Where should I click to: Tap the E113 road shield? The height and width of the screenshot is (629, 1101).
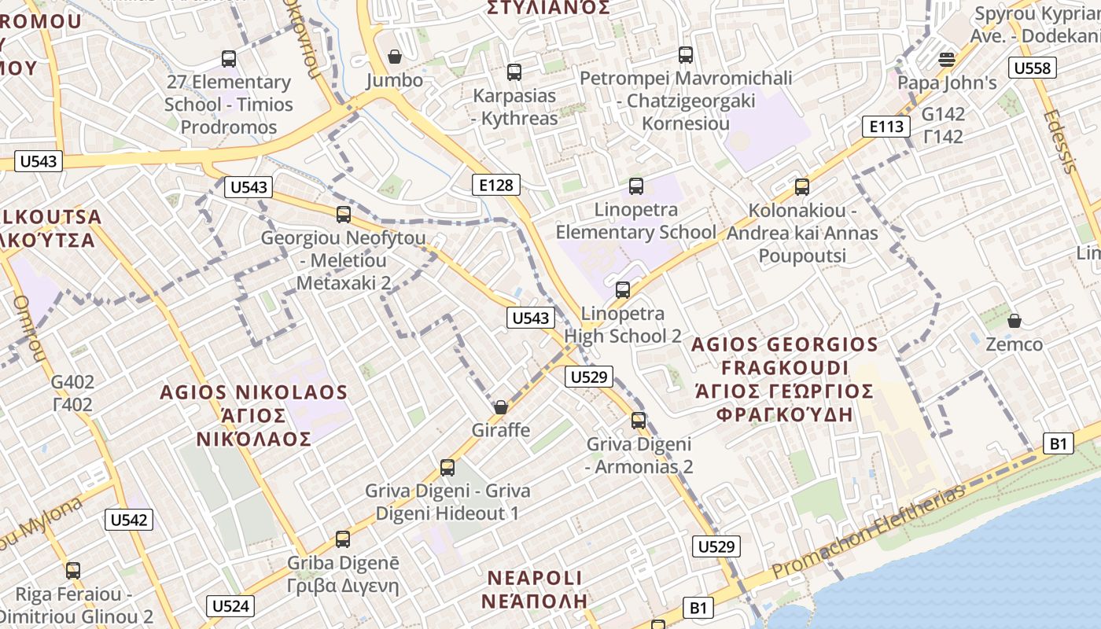click(x=886, y=127)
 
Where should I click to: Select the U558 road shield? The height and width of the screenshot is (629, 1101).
click(x=1032, y=68)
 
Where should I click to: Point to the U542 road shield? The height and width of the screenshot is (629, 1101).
click(x=129, y=520)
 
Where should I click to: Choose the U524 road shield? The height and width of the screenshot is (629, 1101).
click(x=230, y=605)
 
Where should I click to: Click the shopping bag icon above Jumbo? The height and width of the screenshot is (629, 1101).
click(x=395, y=57)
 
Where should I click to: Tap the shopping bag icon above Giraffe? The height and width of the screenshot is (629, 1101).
click(x=500, y=407)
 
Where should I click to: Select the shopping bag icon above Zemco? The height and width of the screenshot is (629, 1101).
click(x=1014, y=321)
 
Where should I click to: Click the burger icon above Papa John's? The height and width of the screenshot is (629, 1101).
click(x=947, y=59)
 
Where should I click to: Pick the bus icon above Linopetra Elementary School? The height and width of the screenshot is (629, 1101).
click(x=636, y=186)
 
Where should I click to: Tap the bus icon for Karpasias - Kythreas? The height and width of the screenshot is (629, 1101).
click(x=514, y=72)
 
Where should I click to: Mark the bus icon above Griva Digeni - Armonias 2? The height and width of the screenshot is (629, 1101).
click(x=639, y=421)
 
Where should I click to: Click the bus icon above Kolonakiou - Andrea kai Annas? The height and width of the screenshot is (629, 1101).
click(x=802, y=187)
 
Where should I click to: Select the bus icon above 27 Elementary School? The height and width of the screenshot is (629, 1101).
click(x=229, y=58)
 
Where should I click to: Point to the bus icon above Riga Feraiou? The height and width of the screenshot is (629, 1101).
click(x=73, y=571)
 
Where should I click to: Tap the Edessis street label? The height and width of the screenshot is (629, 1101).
click(x=1061, y=142)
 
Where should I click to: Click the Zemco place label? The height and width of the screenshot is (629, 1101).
click(x=1014, y=344)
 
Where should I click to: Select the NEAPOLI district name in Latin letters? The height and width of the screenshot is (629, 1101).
click(x=536, y=578)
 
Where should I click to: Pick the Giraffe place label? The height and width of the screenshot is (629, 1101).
click(x=501, y=430)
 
